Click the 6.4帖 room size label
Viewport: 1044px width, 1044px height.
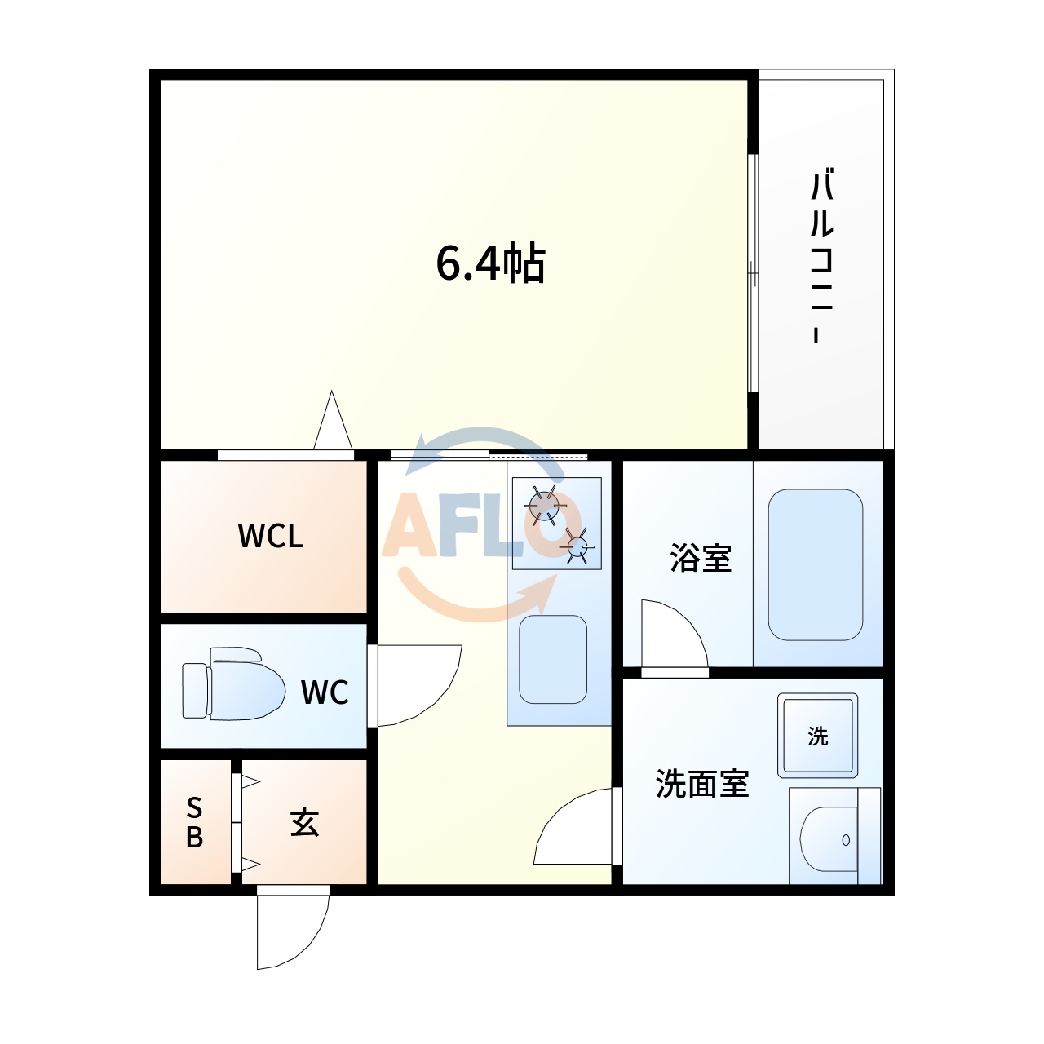click(x=490, y=263)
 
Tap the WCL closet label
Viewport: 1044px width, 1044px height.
click(x=271, y=536)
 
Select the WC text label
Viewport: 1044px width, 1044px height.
click(x=325, y=692)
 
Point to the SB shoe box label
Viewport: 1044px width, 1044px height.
click(x=194, y=822)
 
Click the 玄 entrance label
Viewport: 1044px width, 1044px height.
click(x=304, y=822)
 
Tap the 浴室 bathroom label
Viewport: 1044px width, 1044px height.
click(x=700, y=559)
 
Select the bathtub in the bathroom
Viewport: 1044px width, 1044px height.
click(x=816, y=564)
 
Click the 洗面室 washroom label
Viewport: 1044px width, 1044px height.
click(x=701, y=784)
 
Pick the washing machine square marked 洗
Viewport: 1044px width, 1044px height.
click(x=818, y=736)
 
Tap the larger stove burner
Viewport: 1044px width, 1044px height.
click(x=544, y=506)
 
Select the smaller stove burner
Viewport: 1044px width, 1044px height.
click(x=578, y=546)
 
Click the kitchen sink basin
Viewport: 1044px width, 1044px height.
click(x=553, y=659)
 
